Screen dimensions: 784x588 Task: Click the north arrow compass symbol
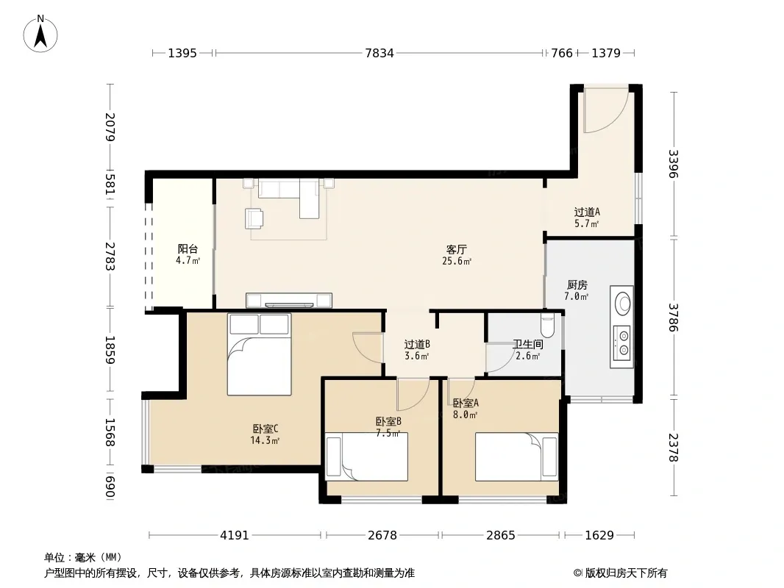click(x=40, y=34)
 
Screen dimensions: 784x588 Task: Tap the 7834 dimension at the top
click(x=379, y=53)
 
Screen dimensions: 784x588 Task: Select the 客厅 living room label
click(x=457, y=248)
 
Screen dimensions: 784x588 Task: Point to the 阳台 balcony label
click(x=188, y=248)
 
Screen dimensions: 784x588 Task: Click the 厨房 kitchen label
click(x=577, y=284)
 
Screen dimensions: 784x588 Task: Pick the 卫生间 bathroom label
click(x=527, y=344)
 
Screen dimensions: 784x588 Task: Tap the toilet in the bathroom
click(x=548, y=325)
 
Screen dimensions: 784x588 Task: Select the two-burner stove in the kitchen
click(x=622, y=343)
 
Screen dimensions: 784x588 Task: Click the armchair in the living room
click(x=254, y=218)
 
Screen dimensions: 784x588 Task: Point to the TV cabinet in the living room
click(x=289, y=300)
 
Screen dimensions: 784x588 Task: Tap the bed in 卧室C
click(x=259, y=354)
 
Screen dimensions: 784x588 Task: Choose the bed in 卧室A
click(x=516, y=456)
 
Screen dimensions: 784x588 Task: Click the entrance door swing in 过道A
click(x=606, y=111)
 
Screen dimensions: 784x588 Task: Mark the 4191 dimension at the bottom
click(x=235, y=536)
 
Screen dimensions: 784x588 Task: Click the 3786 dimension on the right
click(x=674, y=318)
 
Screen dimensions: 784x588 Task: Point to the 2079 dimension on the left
click(x=110, y=127)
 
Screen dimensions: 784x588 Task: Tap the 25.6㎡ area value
click(x=457, y=261)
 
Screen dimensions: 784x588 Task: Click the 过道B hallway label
click(x=417, y=344)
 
